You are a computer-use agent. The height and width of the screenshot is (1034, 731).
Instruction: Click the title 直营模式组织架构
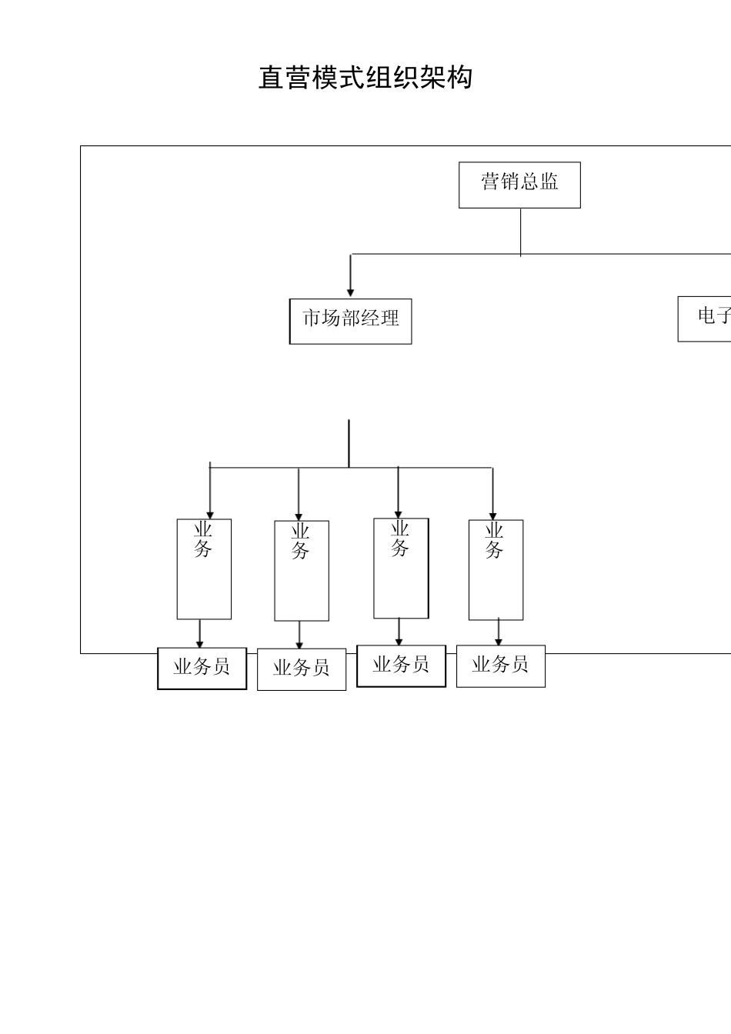click(x=365, y=78)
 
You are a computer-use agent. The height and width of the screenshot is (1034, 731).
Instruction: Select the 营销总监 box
click(x=519, y=185)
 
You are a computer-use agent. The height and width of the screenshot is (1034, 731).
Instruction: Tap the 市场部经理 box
click(x=351, y=321)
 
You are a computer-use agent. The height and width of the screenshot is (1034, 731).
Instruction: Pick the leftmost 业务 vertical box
click(x=204, y=569)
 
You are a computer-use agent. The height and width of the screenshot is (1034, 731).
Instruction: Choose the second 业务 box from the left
click(x=302, y=571)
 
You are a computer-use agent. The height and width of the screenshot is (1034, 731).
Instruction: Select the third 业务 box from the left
click(x=401, y=569)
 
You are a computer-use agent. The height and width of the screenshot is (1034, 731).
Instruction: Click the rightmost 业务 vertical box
click(x=496, y=570)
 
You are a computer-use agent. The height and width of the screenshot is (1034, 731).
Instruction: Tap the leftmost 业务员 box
click(x=202, y=668)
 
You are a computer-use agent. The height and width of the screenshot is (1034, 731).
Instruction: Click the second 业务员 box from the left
click(x=301, y=669)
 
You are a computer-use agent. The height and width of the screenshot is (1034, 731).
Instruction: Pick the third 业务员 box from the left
click(x=401, y=665)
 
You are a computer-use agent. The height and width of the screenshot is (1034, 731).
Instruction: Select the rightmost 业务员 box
click(x=500, y=666)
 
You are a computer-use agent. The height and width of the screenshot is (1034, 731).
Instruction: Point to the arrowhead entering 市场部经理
click(x=351, y=292)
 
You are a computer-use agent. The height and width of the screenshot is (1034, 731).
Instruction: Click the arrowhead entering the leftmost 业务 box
click(x=210, y=515)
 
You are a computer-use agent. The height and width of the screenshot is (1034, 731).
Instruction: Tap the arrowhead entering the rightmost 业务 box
click(x=493, y=515)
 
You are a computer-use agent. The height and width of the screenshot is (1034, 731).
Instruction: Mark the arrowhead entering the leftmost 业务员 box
click(x=200, y=643)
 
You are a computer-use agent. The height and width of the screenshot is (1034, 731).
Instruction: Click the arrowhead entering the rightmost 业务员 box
click(x=499, y=641)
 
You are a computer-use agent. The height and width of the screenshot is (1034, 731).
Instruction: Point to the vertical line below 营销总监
click(x=521, y=231)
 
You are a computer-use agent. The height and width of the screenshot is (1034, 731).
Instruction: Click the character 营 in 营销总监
click(x=490, y=182)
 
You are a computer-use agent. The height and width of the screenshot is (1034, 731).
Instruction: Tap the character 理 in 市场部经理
click(x=390, y=318)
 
